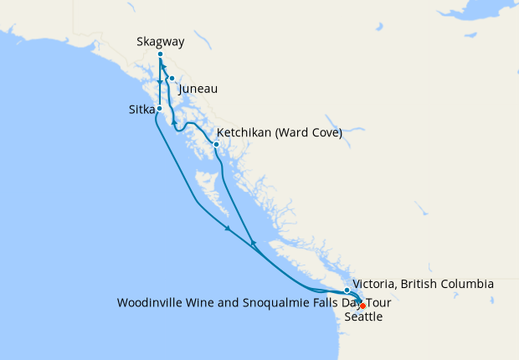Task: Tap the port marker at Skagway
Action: [x=160, y=54]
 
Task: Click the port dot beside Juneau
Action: [x=172, y=80]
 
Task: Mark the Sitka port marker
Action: [x=159, y=110]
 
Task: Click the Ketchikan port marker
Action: [x=216, y=144]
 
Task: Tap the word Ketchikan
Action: [x=244, y=132]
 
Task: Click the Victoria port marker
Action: [x=347, y=291]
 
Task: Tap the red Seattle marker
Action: [x=362, y=306]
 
